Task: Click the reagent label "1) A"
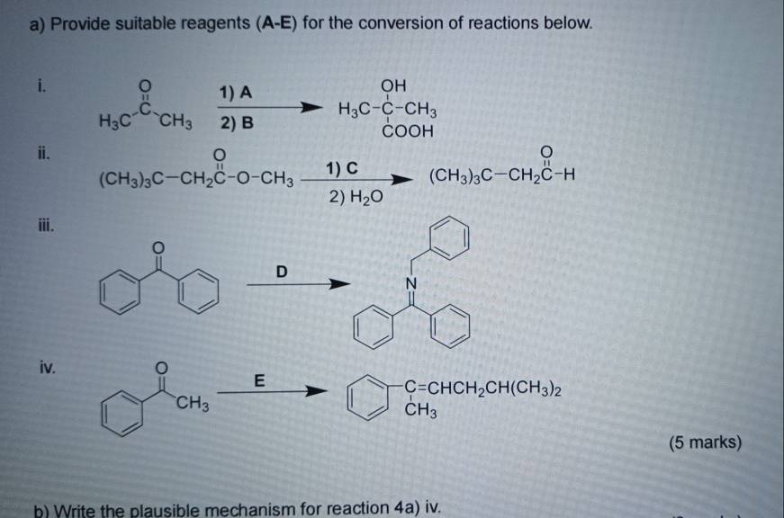(236, 93)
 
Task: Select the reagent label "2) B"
(237, 122)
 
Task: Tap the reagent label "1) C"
(342, 168)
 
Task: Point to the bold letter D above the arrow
(282, 272)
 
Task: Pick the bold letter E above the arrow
(259, 380)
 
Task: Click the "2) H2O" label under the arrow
(356, 197)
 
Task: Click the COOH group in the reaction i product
(408, 131)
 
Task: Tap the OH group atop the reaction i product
(393, 86)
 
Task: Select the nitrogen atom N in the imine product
(411, 283)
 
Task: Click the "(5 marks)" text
(706, 442)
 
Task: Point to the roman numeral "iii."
(46, 226)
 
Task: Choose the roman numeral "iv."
(48, 368)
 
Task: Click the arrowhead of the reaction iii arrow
(340, 284)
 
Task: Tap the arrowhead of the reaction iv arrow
(317, 391)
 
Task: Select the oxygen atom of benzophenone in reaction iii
(158, 247)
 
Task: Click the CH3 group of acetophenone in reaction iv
(192, 403)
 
